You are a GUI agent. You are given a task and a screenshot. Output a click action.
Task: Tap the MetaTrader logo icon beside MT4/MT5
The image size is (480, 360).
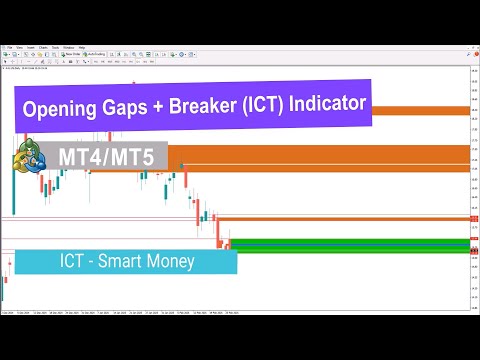pyautogui.click(x=28, y=159)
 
